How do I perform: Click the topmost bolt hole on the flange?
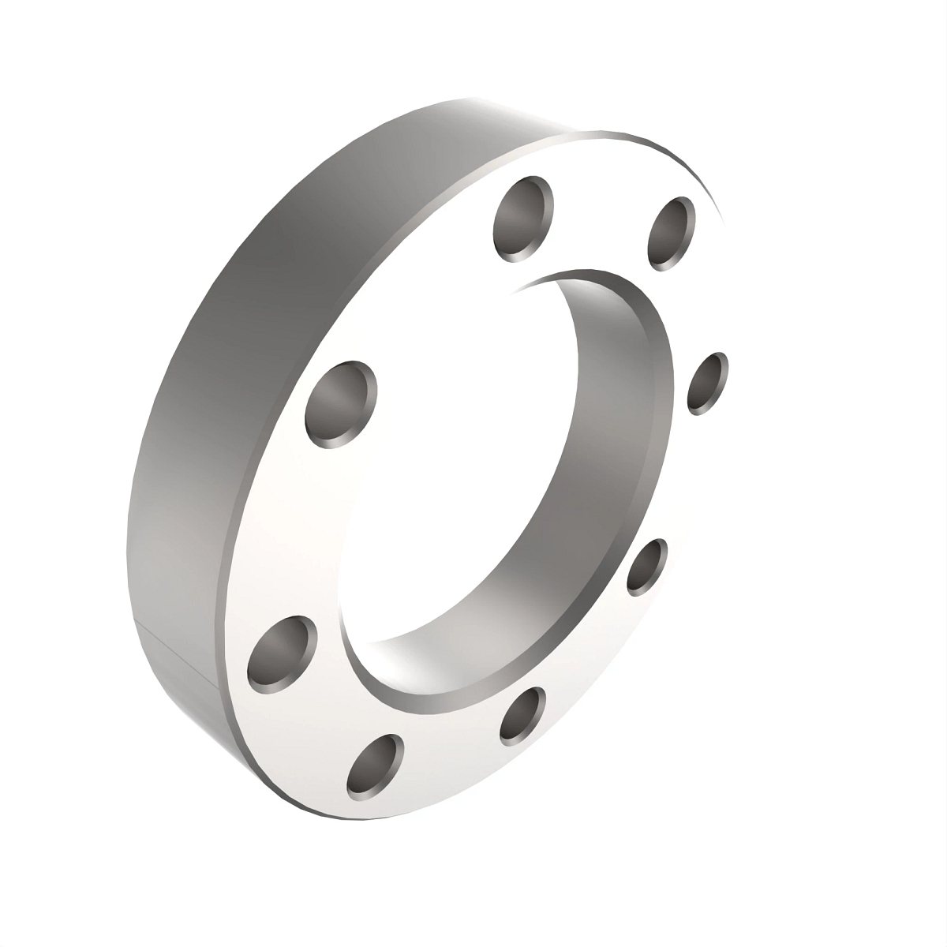tap(522, 219)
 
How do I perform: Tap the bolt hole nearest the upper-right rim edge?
tap(671, 234)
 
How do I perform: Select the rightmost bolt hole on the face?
tap(707, 384)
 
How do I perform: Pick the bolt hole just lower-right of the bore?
tap(647, 566)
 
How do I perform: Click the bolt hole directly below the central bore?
tap(522, 715)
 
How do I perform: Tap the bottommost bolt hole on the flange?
tap(376, 764)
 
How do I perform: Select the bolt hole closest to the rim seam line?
tap(281, 652)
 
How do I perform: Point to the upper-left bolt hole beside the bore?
tap(341, 404)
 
